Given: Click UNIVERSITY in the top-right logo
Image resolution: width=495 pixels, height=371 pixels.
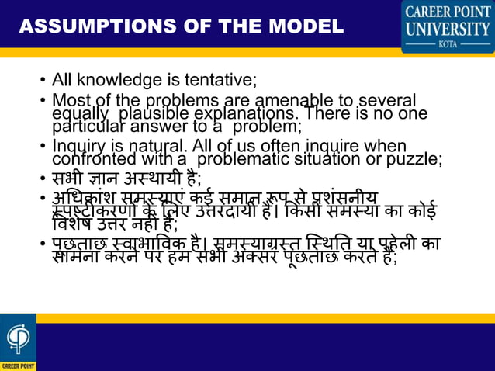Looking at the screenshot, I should (x=447, y=30).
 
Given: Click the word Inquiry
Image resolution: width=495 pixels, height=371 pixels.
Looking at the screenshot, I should (x=77, y=147).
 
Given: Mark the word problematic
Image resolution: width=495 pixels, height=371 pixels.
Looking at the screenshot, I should (x=243, y=160).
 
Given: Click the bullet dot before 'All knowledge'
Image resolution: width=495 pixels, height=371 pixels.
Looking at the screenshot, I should (x=42, y=80).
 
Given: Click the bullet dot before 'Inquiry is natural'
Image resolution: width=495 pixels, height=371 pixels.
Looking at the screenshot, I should (x=42, y=147).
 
